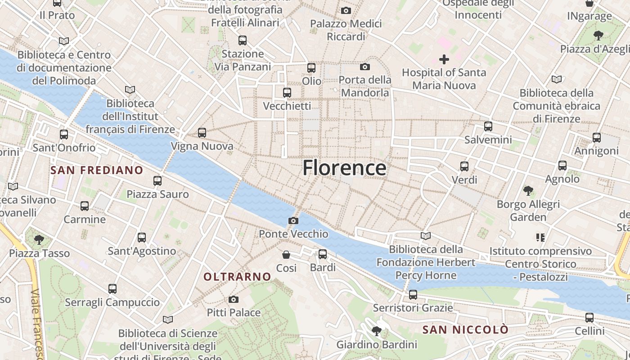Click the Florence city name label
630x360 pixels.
(x=344, y=168)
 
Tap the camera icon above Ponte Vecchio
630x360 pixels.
(x=293, y=220)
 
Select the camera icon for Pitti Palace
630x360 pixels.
(x=234, y=299)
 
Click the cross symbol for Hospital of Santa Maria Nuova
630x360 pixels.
(x=444, y=59)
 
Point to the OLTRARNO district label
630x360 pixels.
(x=237, y=277)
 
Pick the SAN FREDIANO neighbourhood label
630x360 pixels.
(x=97, y=170)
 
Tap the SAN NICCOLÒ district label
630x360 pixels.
(x=465, y=330)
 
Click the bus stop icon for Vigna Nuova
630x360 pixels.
(x=202, y=133)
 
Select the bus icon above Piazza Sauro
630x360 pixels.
(x=157, y=181)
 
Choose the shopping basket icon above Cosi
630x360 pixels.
(x=286, y=255)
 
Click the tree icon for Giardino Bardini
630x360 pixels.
(x=377, y=332)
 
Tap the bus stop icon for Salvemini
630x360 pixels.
(x=488, y=126)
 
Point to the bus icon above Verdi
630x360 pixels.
(x=464, y=166)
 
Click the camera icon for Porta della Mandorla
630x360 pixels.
(x=365, y=67)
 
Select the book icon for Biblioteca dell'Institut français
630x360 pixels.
(x=130, y=90)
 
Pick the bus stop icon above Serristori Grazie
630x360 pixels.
(x=413, y=295)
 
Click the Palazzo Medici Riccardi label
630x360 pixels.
(x=346, y=30)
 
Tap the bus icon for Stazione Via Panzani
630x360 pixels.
(x=243, y=40)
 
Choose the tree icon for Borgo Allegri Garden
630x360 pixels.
(x=528, y=191)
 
